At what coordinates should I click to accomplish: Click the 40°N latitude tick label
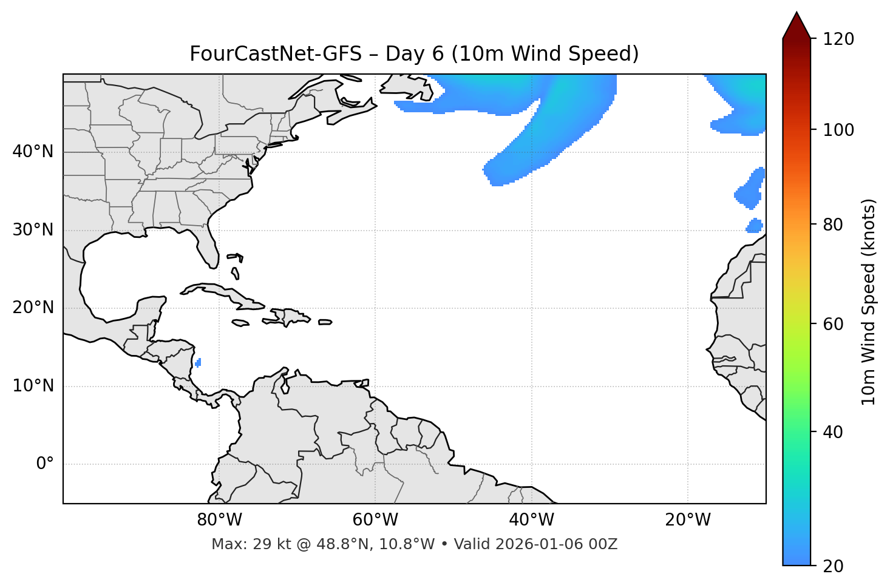coord(33,152)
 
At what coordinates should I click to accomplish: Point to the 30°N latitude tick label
coord(33,230)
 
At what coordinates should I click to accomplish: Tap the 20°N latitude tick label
coord(33,308)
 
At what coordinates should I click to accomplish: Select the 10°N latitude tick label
coord(33,386)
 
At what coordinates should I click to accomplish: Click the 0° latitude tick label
coord(45,464)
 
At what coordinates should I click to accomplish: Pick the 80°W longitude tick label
coord(219,520)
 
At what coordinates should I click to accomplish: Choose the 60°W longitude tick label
coord(375,520)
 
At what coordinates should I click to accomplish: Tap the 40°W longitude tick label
coord(532,520)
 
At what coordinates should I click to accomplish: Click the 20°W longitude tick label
coord(688,520)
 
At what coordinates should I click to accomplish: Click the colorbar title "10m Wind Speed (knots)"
coord(869,302)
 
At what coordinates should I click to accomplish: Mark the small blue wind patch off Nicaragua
coord(198,362)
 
